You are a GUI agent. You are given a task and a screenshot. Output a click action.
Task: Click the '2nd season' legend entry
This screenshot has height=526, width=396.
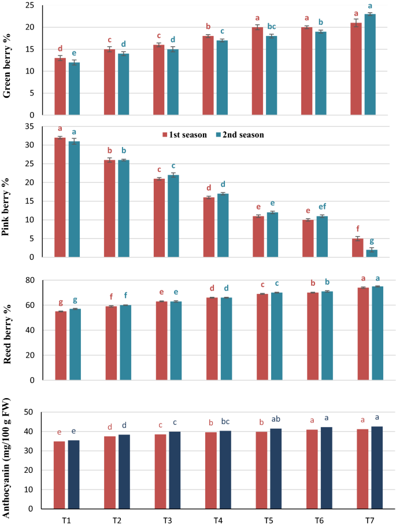click(x=239, y=135)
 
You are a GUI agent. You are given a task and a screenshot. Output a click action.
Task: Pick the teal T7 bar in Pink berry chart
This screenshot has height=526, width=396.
click(x=372, y=253)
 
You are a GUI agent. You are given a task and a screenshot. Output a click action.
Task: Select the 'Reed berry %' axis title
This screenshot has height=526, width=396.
click(x=9, y=331)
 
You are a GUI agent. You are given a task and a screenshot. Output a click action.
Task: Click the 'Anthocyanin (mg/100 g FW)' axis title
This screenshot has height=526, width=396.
click(x=9, y=460)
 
